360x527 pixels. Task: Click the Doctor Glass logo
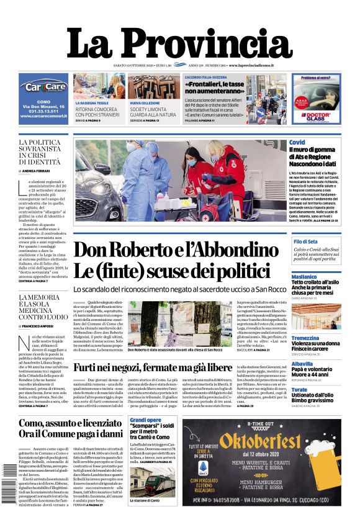click(317, 116)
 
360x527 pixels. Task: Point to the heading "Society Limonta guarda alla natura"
click(153, 111)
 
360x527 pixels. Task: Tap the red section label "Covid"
click(297, 143)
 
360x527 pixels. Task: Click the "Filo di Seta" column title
click(305, 241)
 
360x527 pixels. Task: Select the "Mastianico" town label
click(304, 276)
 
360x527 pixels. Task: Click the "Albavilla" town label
click(302, 364)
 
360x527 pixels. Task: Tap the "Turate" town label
click(299, 390)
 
